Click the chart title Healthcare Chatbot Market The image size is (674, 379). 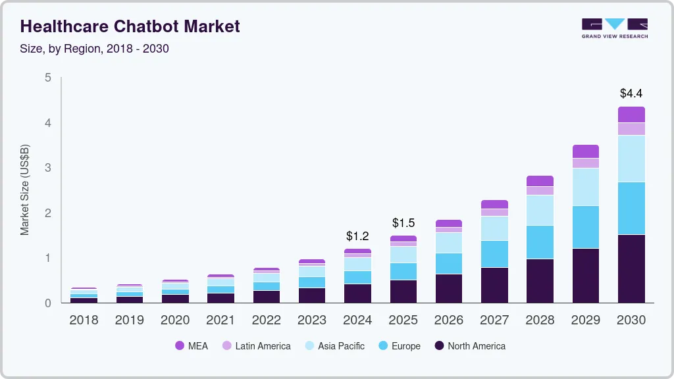(130, 26)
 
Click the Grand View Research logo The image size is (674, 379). (614, 28)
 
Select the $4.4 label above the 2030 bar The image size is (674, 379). (631, 93)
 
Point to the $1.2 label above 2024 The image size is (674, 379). (357, 236)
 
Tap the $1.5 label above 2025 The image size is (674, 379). (403, 222)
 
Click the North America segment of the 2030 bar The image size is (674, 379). (631, 268)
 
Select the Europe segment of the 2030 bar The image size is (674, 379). (631, 208)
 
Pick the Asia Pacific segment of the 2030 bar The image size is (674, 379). (631, 158)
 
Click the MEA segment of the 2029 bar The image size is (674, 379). (585, 151)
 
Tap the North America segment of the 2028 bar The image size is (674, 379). (540, 280)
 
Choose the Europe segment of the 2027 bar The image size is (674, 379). (494, 254)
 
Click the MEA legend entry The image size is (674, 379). (192, 345)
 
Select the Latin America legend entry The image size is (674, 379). (256, 345)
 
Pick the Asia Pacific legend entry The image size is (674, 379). (334, 345)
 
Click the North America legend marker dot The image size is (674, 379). (439, 345)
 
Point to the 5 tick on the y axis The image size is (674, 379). (47, 78)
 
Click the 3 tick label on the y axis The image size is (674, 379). (47, 168)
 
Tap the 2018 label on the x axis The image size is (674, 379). (84, 320)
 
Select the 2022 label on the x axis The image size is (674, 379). (266, 320)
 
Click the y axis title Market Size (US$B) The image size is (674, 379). (25, 190)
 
